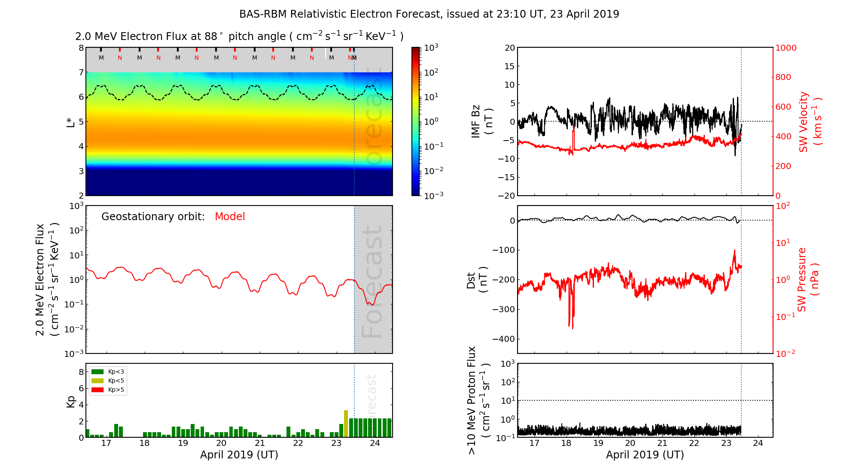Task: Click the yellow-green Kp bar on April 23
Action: click(346, 424)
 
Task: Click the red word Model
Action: click(230, 217)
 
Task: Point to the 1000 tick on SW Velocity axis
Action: click(786, 48)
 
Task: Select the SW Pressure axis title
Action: click(808, 279)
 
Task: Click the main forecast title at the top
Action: click(429, 14)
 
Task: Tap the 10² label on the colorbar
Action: click(431, 72)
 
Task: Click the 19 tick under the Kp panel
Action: click(183, 443)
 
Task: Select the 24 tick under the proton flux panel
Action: click(758, 443)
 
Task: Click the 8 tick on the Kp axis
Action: click(81, 372)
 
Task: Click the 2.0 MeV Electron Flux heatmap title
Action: click(239, 37)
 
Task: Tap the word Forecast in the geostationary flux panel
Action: click(372, 282)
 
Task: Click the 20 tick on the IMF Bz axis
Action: click(509, 48)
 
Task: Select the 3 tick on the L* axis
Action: click(81, 171)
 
